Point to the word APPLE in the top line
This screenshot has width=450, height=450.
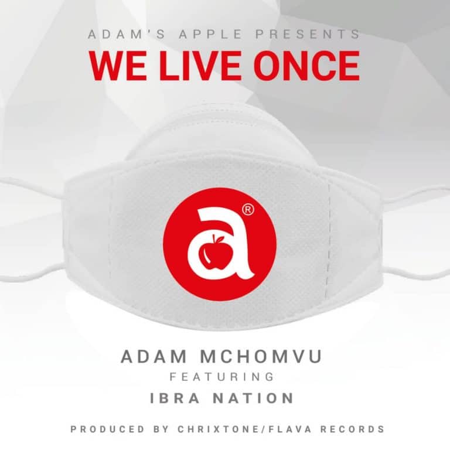[x=210, y=34]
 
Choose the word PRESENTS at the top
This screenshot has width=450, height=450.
[x=308, y=34]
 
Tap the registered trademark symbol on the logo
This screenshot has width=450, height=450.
[x=248, y=210]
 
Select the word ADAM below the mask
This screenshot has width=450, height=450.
[x=154, y=356]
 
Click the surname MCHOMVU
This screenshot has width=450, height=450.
[x=261, y=356]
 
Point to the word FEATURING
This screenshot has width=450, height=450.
[x=222, y=377]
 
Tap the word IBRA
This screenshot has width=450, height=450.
[x=175, y=398]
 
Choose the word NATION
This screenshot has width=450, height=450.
[x=254, y=398]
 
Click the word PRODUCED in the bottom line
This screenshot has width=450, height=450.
[x=108, y=429]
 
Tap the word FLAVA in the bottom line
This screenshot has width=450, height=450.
[x=289, y=429]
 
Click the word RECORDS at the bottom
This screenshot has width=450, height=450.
[x=352, y=429]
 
